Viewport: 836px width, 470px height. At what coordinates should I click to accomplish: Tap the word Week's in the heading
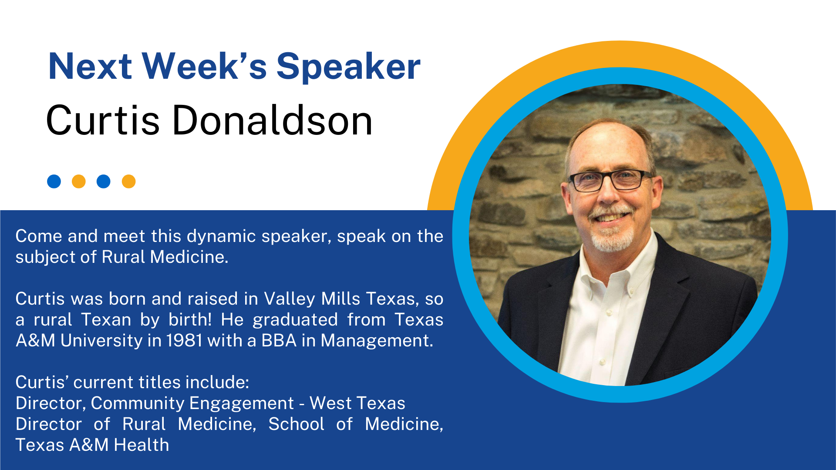pos(204,66)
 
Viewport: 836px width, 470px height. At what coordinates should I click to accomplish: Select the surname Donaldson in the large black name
pos(273,120)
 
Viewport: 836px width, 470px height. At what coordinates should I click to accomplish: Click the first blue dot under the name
pos(54,181)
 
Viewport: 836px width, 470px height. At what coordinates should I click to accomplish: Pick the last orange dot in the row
pos(128,181)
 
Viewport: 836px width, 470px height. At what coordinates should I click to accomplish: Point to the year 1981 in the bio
pos(184,340)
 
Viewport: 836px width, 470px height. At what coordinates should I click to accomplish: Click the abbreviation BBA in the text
pos(279,340)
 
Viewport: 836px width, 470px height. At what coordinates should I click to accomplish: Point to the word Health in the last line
pos(141,445)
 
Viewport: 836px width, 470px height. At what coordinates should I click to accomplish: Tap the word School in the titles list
pos(296,424)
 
